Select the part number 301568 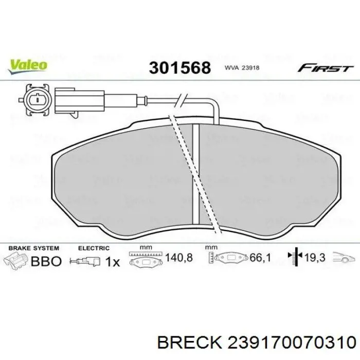pos(179,67)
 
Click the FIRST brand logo pos(325,68)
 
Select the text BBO pos(46,261)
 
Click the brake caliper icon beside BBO pos(16,261)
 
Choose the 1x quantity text pos(112,261)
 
